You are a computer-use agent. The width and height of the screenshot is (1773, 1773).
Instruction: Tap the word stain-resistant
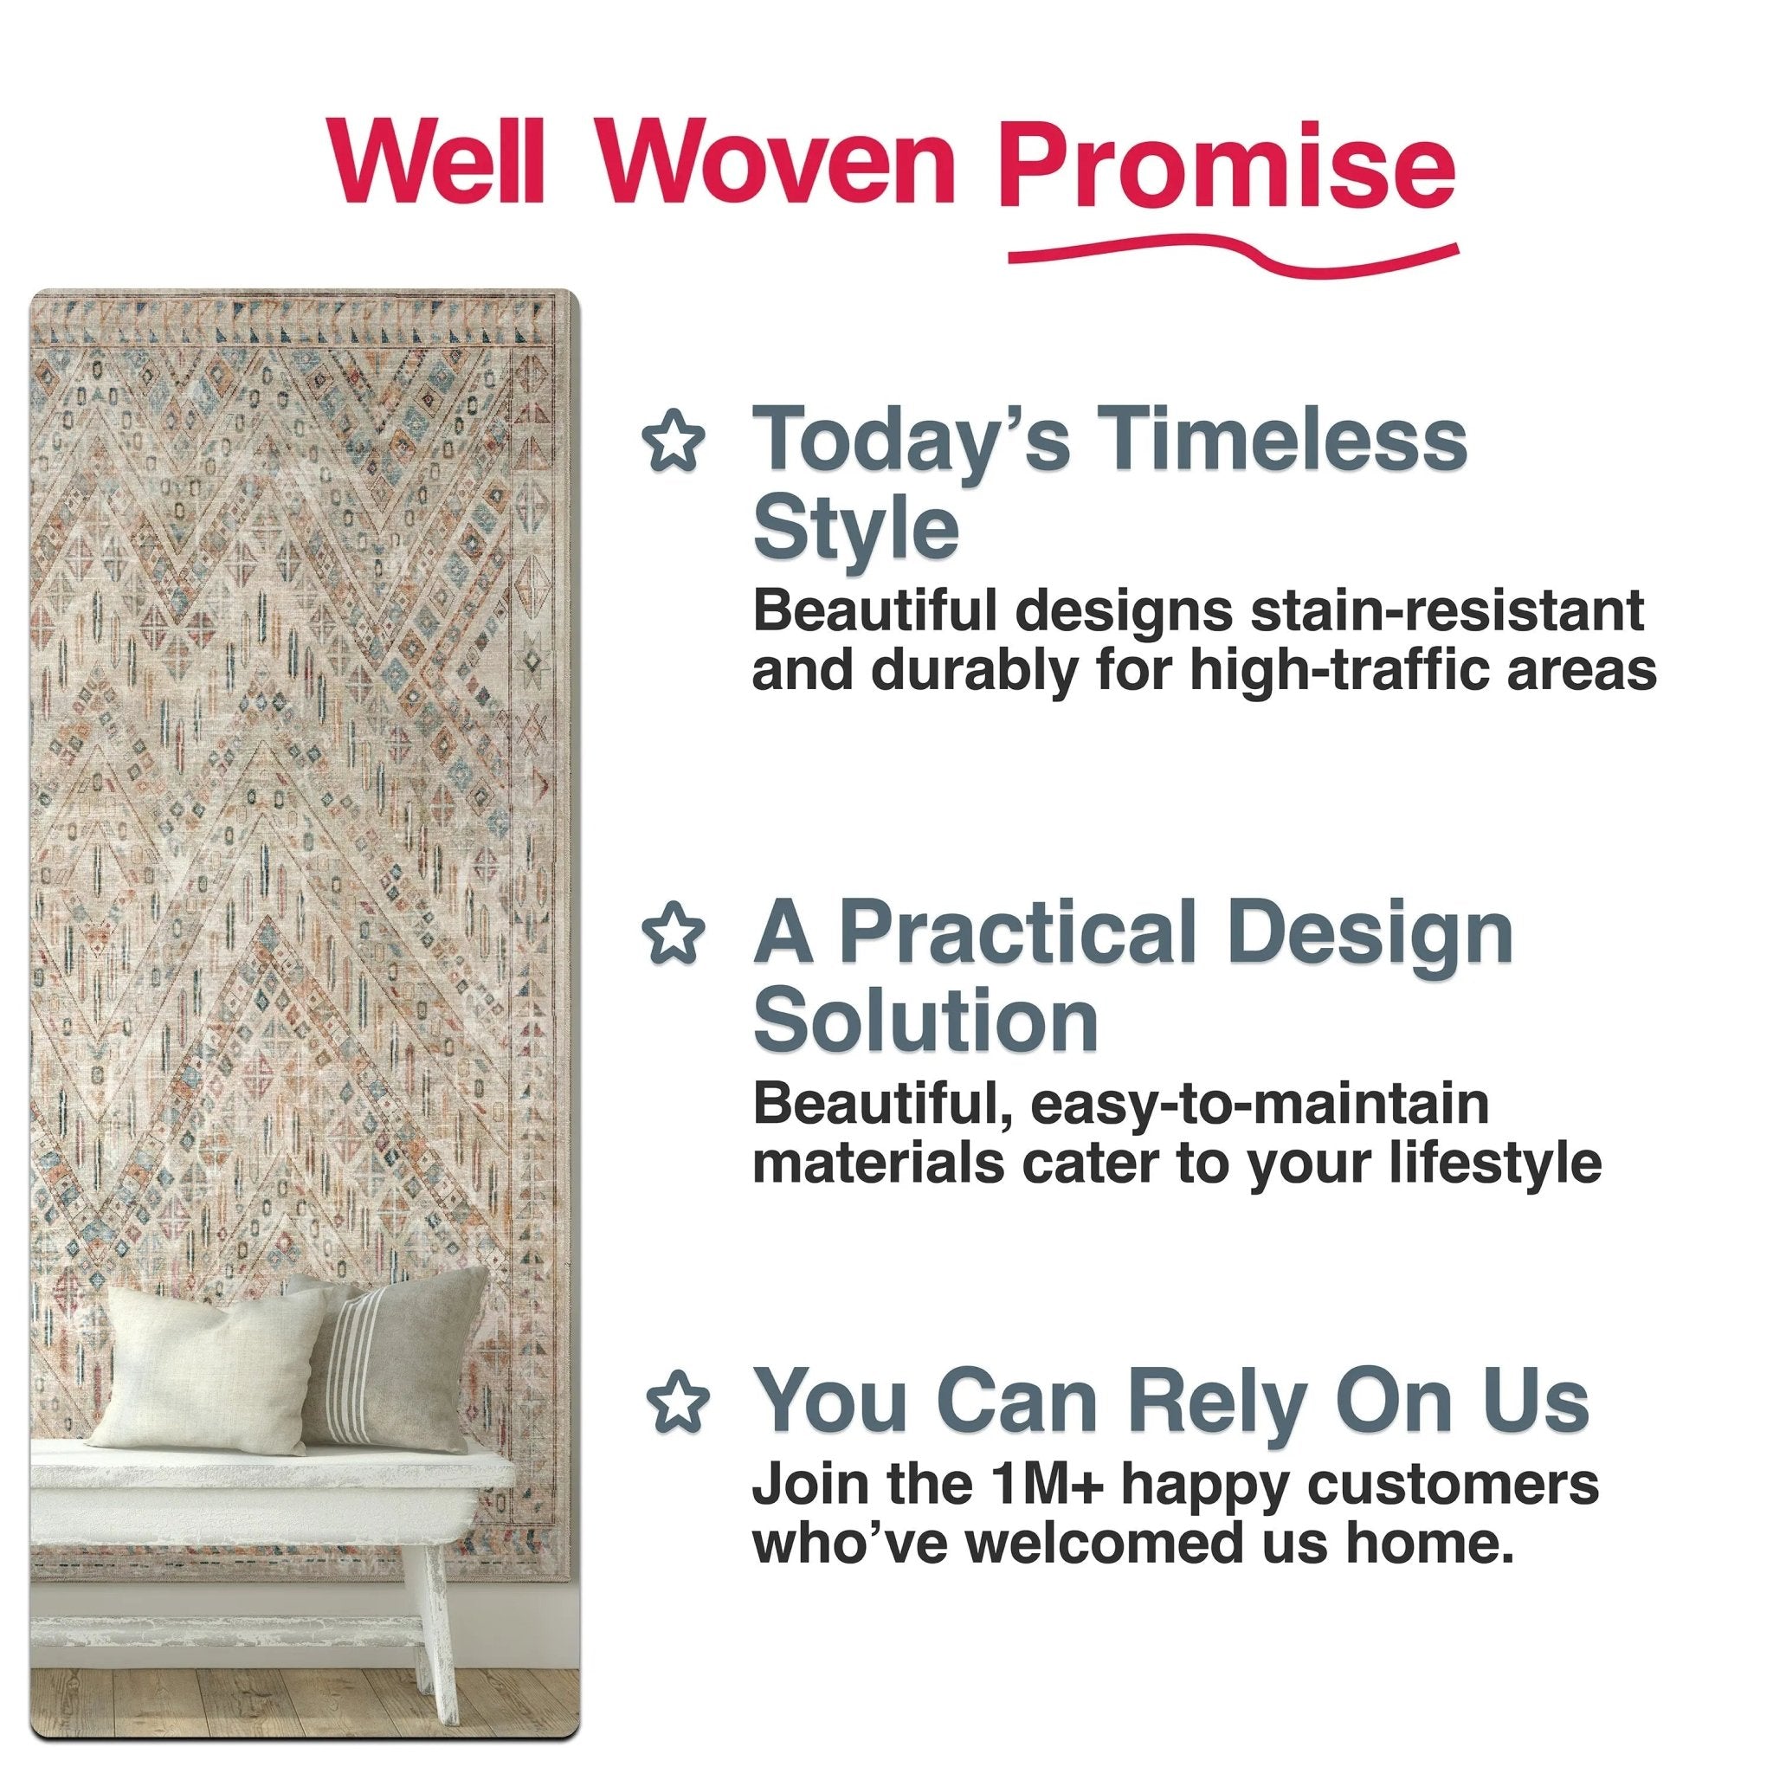point(1447,609)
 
